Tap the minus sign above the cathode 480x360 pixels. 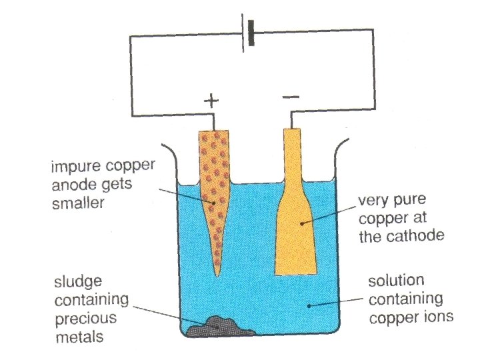pyautogui.click(x=291, y=98)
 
